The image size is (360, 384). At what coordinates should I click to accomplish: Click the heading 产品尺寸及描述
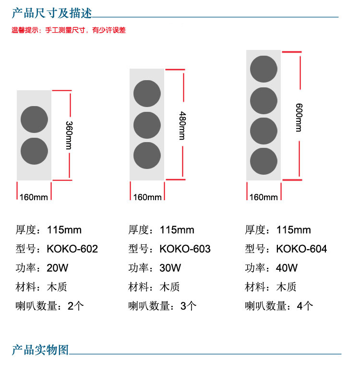pos(51,12)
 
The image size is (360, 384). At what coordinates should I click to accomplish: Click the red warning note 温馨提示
pos(69,30)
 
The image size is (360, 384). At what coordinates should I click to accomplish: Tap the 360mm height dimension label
pos(69,135)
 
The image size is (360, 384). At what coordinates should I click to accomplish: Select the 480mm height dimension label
pos(181,125)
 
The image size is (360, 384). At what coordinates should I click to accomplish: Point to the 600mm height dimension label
pos(299,117)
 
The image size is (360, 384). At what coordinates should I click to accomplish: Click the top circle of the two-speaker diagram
pos(34,120)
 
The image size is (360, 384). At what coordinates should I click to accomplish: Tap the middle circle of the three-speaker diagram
pos(147,125)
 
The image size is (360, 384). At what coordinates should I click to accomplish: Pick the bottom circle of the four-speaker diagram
pos(264,161)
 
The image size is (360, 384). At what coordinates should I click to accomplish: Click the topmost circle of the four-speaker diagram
pos(264,69)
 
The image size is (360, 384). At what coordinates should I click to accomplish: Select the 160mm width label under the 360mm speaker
pos(34,197)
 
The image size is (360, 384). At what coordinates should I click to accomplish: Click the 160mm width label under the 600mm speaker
pos(264,197)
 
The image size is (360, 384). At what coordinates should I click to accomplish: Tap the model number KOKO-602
pos(72,249)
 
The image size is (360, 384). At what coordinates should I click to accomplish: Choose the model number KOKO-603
pos(185,249)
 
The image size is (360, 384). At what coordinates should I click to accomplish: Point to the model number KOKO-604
pos(302,249)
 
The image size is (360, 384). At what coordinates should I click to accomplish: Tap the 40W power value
pos(287,268)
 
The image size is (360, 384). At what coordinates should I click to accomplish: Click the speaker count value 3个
pos(189,306)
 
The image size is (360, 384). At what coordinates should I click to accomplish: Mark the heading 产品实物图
pos(40,349)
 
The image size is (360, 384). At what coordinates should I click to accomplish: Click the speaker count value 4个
pos(305,306)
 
